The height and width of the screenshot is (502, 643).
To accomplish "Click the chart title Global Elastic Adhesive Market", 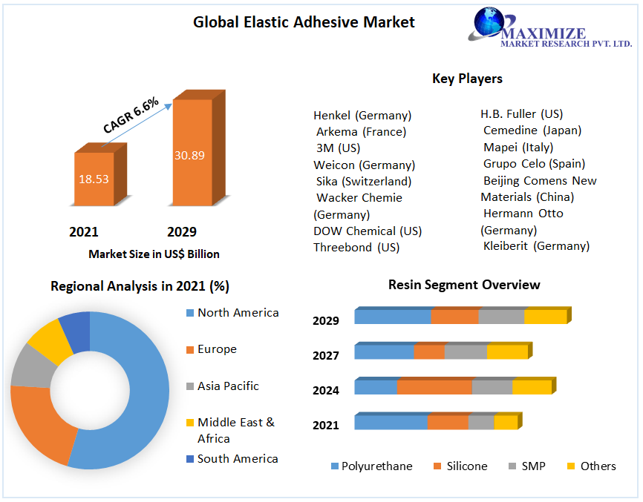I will pyautogui.click(x=304, y=22).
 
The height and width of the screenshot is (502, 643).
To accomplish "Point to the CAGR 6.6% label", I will pyautogui.click(x=131, y=116).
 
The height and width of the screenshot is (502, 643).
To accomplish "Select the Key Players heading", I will pyautogui.click(x=467, y=79).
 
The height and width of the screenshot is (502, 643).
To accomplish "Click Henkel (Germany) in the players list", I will pyautogui.click(x=362, y=116).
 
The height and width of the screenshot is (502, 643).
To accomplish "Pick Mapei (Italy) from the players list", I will pyautogui.click(x=518, y=147).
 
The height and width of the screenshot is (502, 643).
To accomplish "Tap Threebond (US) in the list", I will pyautogui.click(x=356, y=247).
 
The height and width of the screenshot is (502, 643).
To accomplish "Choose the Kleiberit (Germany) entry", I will pyautogui.click(x=536, y=245).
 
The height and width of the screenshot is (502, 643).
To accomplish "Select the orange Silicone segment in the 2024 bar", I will pyautogui.click(x=434, y=387).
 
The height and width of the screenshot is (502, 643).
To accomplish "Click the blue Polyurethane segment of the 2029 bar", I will pyautogui.click(x=392, y=317).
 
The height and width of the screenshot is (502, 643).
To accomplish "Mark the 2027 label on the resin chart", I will pyautogui.click(x=326, y=356).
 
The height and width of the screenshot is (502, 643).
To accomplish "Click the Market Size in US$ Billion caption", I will pyautogui.click(x=154, y=254).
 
